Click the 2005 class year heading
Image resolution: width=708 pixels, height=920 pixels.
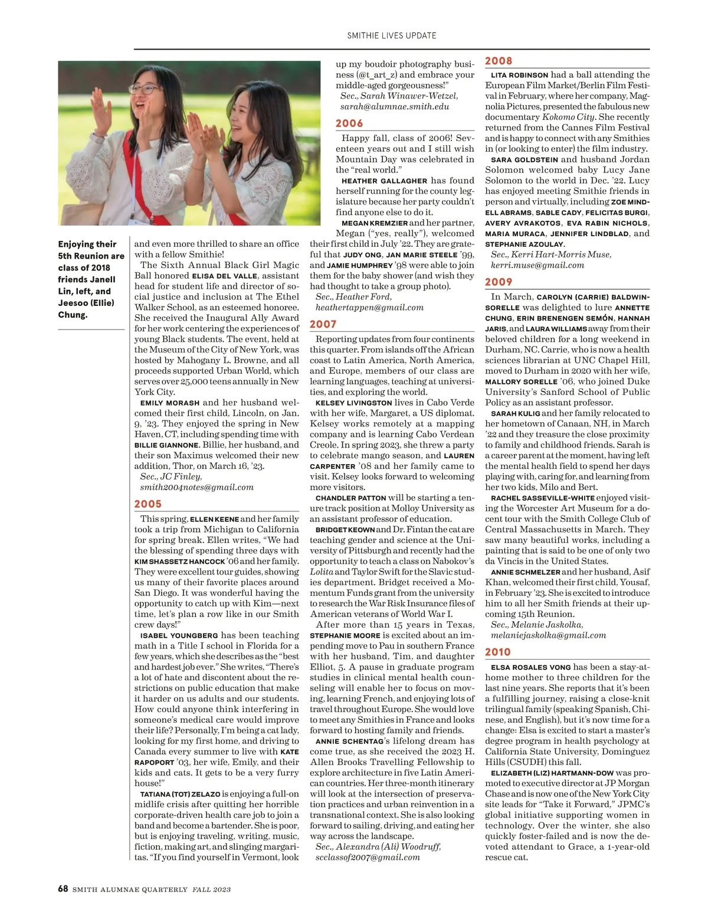[x=147, y=504]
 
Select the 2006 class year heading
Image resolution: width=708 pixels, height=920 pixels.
[x=349, y=123]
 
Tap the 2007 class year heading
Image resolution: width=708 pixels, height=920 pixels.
[x=323, y=324]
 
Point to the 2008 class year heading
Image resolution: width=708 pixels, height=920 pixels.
[x=499, y=61]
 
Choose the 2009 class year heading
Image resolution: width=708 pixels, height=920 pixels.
[x=499, y=282]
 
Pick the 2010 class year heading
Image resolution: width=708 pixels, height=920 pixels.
[x=498, y=652]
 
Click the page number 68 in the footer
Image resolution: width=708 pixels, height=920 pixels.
[x=63, y=889]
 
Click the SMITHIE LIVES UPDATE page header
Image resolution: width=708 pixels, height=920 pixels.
[x=392, y=35]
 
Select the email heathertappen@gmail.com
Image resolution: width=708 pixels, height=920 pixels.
[x=369, y=308]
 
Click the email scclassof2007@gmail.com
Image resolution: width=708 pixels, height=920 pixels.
[x=368, y=857]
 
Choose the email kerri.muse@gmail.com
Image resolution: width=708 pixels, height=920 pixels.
[x=537, y=265]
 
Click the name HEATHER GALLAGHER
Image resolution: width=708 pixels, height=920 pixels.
[x=384, y=181]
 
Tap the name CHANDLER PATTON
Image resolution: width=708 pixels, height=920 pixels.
[x=350, y=498]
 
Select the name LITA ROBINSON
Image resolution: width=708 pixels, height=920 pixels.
[x=519, y=76]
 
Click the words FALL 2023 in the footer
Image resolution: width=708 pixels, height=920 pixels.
[x=211, y=889]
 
